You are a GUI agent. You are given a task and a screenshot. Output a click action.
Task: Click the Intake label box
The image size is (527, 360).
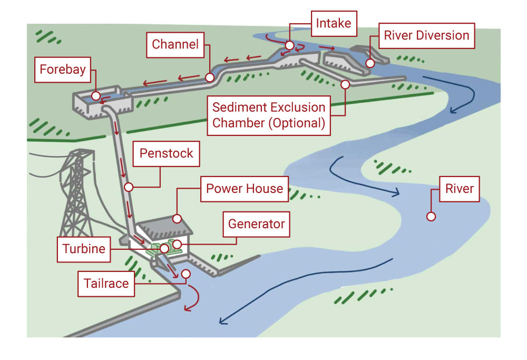(x=333, y=23)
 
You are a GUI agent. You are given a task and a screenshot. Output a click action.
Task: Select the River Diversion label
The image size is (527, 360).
(x=426, y=36)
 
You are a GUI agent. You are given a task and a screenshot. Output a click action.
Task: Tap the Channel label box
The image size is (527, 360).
(x=175, y=44)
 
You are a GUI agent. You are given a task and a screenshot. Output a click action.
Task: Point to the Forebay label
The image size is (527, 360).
(x=63, y=70)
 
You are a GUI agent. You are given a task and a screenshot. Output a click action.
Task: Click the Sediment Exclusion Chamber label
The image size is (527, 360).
(x=269, y=115)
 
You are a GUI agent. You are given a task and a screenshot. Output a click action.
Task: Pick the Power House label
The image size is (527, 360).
(x=245, y=189)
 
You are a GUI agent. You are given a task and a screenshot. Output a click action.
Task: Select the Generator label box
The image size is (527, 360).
(x=256, y=224)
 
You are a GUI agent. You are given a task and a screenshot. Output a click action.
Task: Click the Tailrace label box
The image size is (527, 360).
(x=106, y=284)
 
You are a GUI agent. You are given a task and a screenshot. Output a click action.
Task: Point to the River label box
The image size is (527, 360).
(x=460, y=189)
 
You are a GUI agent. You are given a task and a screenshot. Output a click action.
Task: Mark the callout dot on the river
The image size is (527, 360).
(x=431, y=217)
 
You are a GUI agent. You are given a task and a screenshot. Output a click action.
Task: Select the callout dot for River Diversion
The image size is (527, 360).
(x=370, y=63)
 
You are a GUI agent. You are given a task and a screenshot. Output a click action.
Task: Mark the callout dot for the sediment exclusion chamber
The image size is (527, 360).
(x=345, y=84)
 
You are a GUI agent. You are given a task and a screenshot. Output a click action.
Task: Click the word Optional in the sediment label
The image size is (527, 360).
(x=301, y=123)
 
